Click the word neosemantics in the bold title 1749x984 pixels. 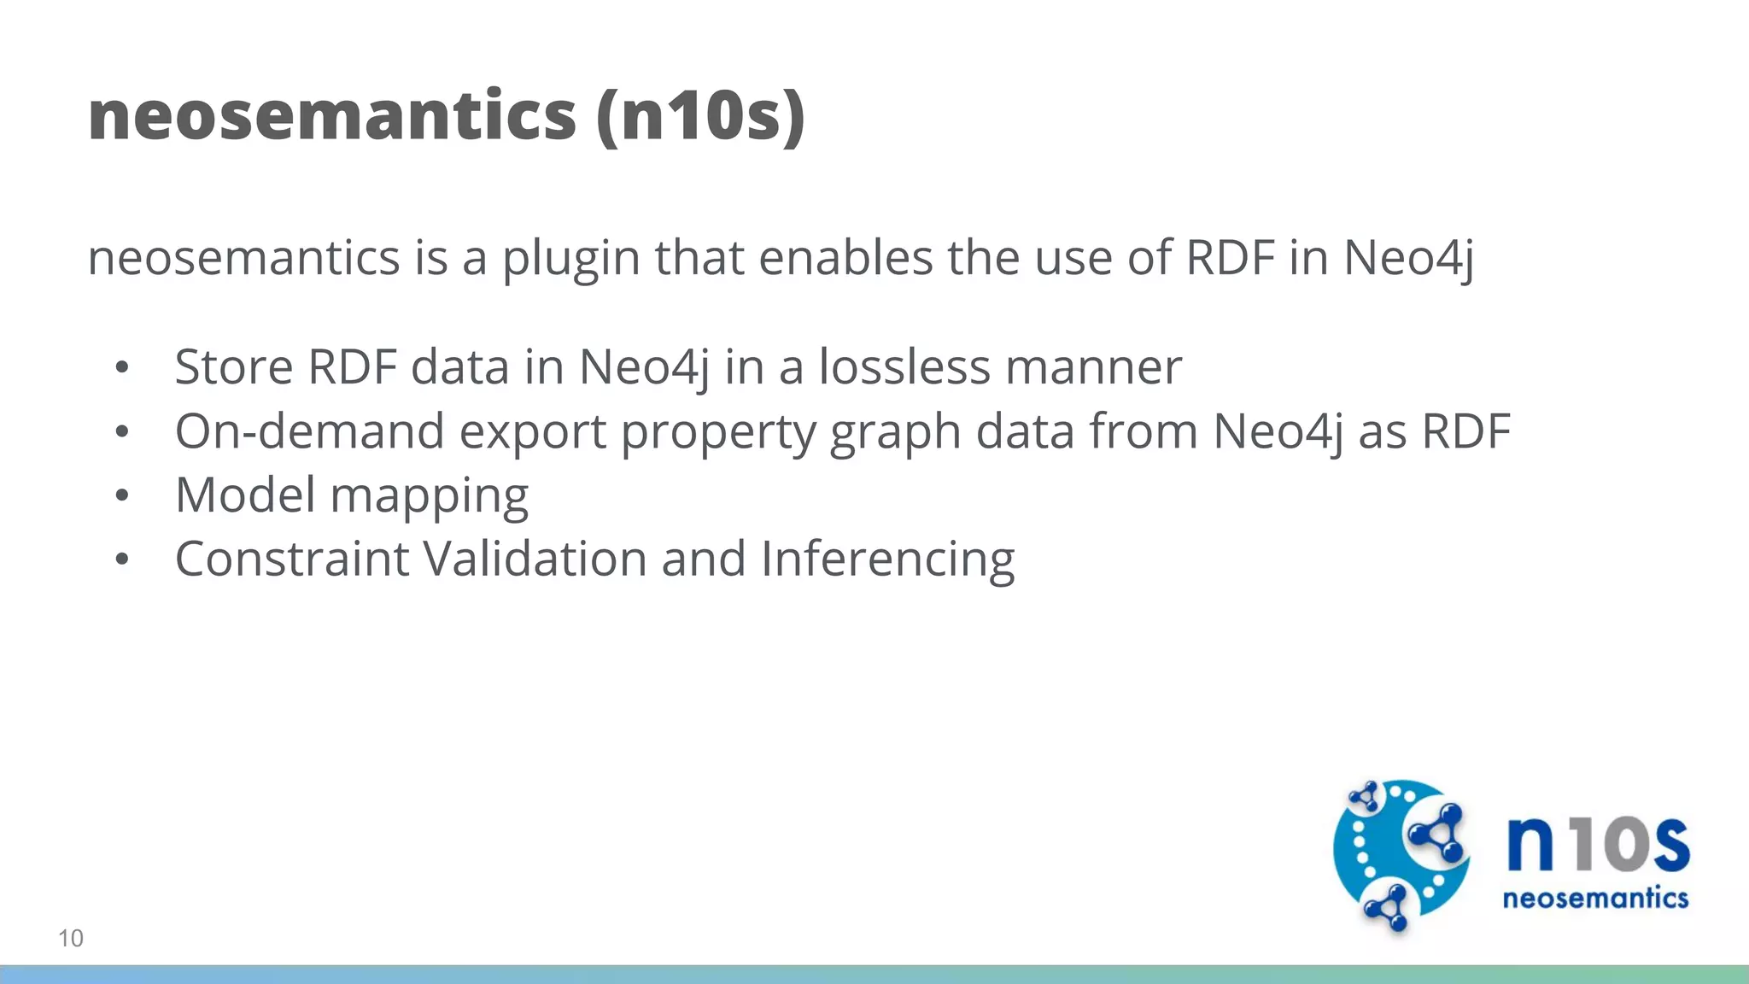[332, 116]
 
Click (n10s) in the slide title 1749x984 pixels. [700, 116]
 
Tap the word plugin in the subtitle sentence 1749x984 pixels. [570, 258]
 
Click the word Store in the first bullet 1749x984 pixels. [234, 367]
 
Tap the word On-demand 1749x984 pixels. [309, 431]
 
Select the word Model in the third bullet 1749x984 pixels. [245, 495]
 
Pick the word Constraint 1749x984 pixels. [292, 559]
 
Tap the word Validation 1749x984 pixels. [535, 559]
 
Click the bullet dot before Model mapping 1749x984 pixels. [122, 495]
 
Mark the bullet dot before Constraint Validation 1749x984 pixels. [122, 559]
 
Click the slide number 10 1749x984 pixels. [71, 938]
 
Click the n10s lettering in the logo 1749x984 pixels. [1597, 844]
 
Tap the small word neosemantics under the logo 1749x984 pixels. [1595, 899]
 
